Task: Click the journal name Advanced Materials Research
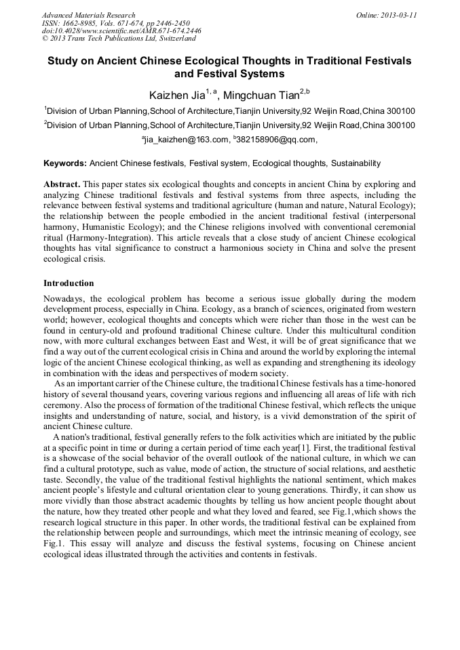[88, 15]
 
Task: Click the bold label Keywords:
[65, 163]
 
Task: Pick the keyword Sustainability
[357, 163]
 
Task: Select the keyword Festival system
[220, 163]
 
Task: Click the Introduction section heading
[69, 283]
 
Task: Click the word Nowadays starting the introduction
[64, 299]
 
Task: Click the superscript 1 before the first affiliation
[45, 108]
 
